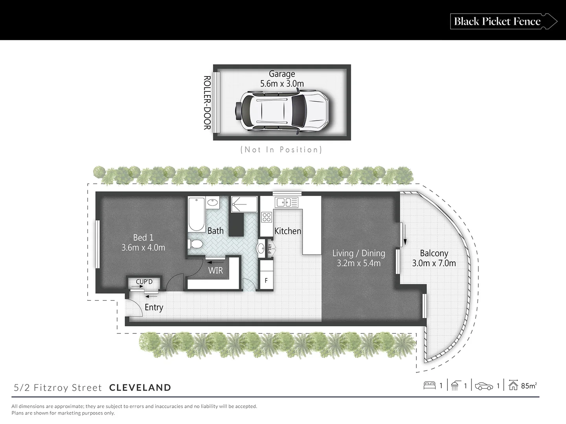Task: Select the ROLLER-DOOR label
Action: pyautogui.click(x=207, y=102)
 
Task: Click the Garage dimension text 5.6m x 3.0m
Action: pyautogui.click(x=282, y=84)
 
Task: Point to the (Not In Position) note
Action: pyautogui.click(x=281, y=150)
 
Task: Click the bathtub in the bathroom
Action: pyautogui.click(x=197, y=215)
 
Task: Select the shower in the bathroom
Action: pyautogui.click(x=244, y=205)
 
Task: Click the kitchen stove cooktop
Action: pyautogui.click(x=267, y=217)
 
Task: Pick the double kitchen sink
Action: pyautogui.click(x=287, y=203)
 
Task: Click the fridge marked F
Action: pyautogui.click(x=266, y=280)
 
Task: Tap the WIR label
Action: pyautogui.click(x=215, y=270)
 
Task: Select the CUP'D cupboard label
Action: pyautogui.click(x=144, y=282)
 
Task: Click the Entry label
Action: pyautogui.click(x=154, y=307)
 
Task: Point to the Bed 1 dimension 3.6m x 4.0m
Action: pyautogui.click(x=143, y=248)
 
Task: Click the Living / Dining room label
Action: pyautogui.click(x=358, y=253)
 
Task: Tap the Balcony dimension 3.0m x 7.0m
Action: pyautogui.click(x=434, y=263)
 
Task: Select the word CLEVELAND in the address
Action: pyautogui.click(x=140, y=388)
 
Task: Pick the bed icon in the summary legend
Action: pyautogui.click(x=429, y=386)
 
